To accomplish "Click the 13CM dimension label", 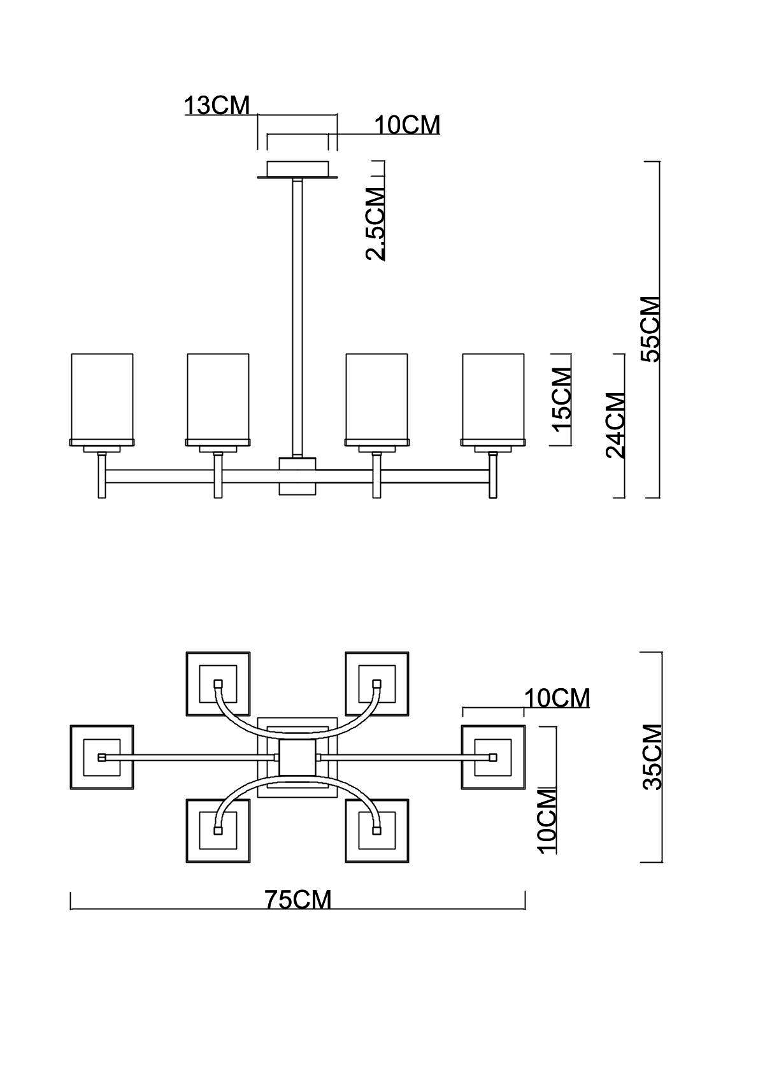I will tap(217, 105).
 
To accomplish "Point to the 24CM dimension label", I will tap(615, 425).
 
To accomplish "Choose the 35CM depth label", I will tap(652, 757).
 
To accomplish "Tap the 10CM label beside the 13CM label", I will tap(407, 126).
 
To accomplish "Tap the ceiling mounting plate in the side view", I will tap(297, 169).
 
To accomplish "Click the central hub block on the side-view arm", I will tap(297, 475).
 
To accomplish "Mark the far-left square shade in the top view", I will tap(101, 757).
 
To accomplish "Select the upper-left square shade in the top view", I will tap(218, 683).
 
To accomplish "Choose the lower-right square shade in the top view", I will tap(376, 831).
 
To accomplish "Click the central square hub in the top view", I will tap(297, 757).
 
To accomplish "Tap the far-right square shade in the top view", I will tap(493, 757).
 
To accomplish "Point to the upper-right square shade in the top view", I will tap(376, 683).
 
